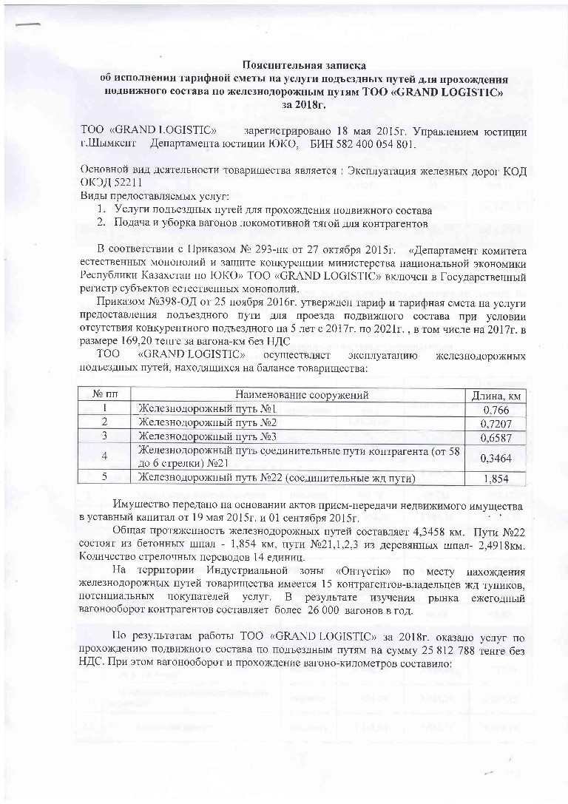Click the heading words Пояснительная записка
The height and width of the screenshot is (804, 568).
point(304,67)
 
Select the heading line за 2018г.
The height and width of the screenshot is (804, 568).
point(305,105)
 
